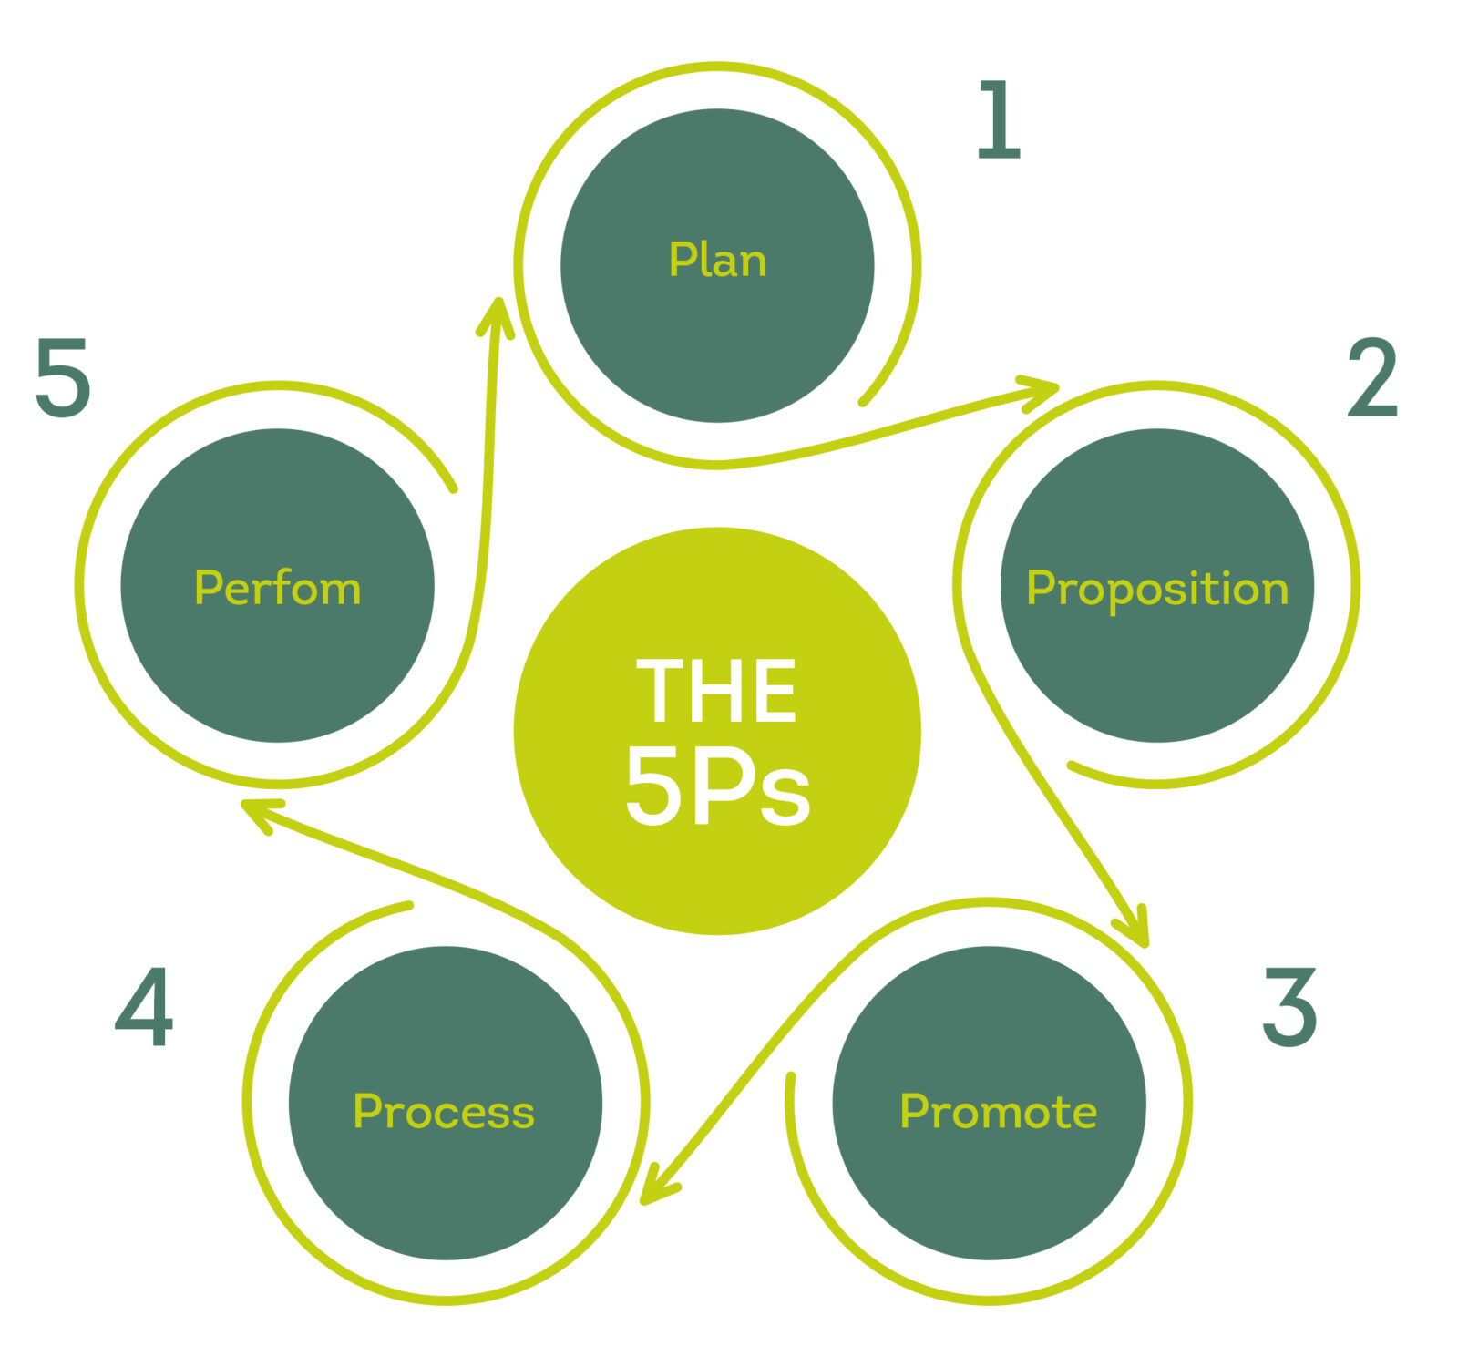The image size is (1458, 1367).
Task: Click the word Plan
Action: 717,261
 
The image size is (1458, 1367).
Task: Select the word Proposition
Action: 1157,589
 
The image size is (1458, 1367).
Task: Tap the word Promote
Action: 998,1112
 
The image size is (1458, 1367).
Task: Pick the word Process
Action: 444,1112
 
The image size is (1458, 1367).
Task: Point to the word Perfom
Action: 278,588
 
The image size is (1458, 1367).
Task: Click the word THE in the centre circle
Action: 716,692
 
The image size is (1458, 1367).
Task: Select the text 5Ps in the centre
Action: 717,787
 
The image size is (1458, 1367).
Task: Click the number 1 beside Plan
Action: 998,119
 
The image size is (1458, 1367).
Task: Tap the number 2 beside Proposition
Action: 1372,377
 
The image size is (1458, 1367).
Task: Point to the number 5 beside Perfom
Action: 63,377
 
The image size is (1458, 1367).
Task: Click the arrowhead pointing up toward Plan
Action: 498,314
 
